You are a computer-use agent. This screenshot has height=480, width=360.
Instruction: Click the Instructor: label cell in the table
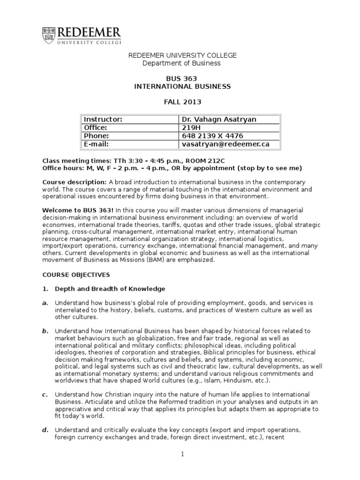click(103, 119)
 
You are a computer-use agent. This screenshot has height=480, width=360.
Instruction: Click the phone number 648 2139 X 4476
click(210, 136)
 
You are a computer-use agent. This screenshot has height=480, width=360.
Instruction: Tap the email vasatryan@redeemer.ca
click(225, 144)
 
